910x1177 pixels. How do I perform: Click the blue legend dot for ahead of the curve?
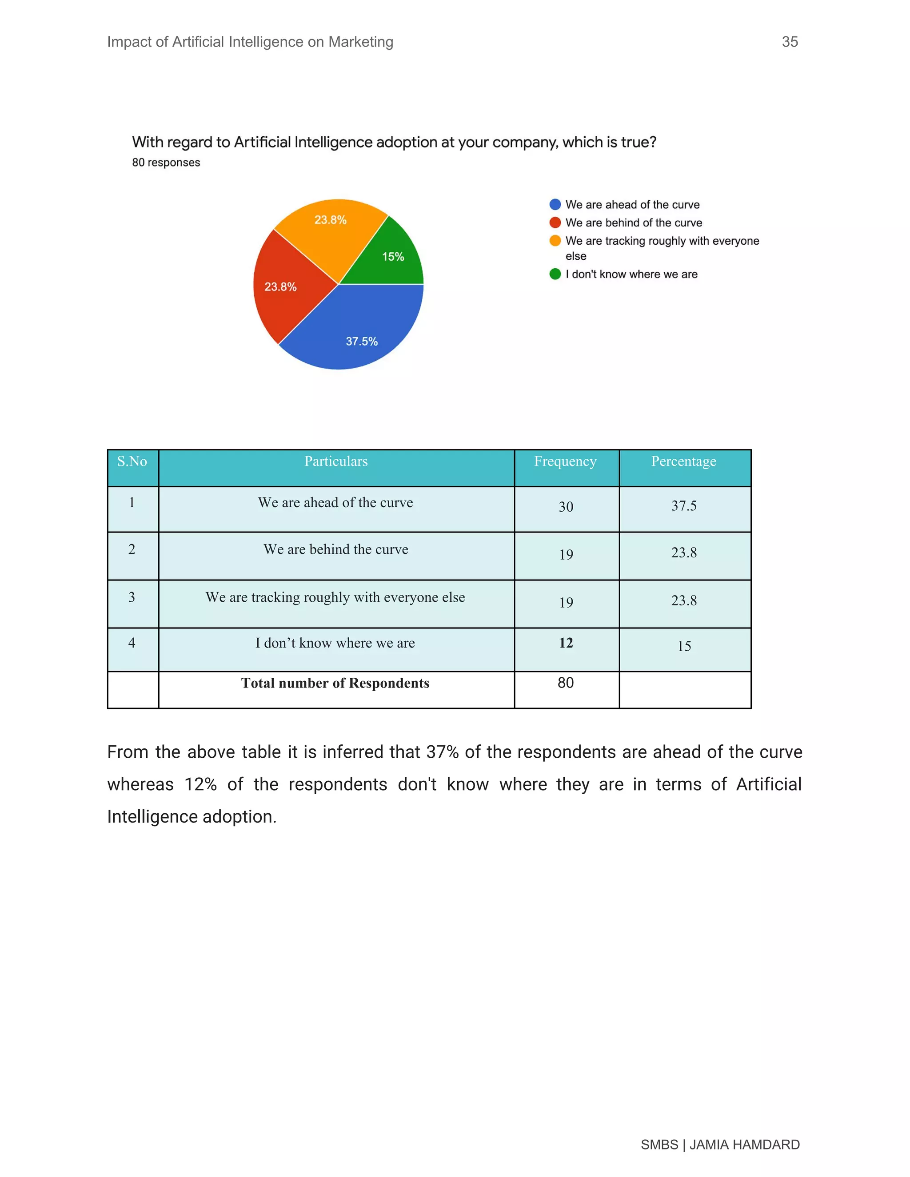(x=555, y=204)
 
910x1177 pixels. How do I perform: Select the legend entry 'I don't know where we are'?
(x=631, y=274)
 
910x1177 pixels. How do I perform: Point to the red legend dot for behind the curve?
(x=555, y=223)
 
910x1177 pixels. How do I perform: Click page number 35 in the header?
(x=789, y=42)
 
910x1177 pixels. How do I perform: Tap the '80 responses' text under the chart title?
(x=166, y=163)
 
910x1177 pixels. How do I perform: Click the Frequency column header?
(x=565, y=461)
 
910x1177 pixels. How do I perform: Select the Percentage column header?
(x=683, y=461)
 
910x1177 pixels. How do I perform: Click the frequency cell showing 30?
(x=566, y=507)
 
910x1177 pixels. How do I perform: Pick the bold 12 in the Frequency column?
(x=566, y=643)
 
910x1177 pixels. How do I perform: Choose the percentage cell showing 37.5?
(x=683, y=506)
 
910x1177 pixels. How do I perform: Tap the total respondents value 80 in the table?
(x=566, y=683)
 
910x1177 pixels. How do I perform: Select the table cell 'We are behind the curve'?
(x=335, y=550)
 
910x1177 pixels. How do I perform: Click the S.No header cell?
(x=132, y=461)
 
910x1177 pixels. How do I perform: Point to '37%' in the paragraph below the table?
(x=442, y=752)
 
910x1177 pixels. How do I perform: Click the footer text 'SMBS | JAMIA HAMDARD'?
(x=720, y=1145)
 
